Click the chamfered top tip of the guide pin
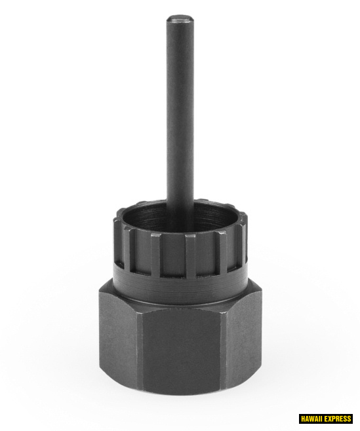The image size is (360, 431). (x=180, y=20)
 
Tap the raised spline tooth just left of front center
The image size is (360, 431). (x=155, y=254)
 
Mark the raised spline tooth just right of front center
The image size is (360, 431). (x=190, y=255)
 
